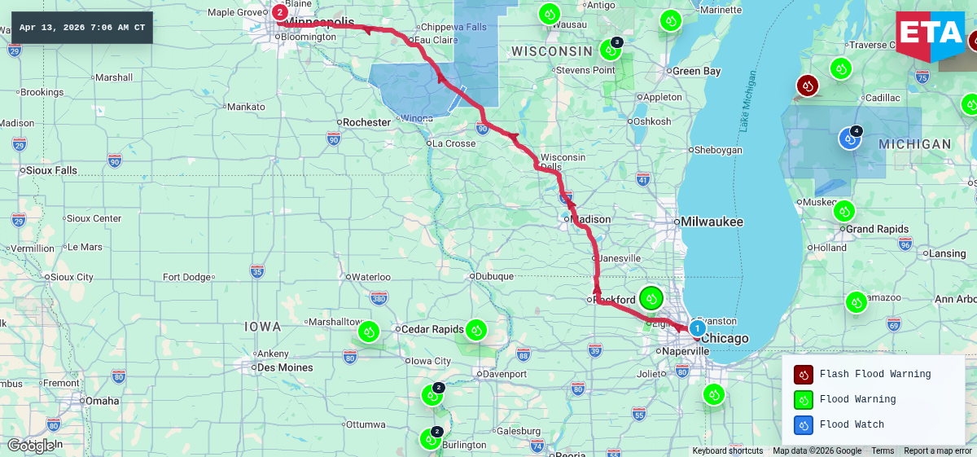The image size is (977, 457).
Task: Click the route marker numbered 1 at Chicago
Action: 698,327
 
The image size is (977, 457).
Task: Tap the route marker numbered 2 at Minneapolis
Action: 280,12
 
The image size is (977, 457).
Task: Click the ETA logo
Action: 930,34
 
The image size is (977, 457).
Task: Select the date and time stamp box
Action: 82,28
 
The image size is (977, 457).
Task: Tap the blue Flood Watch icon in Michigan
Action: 850,138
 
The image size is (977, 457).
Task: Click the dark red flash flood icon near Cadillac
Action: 807,86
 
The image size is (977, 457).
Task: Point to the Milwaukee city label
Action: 712,222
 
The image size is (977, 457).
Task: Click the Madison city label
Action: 592,219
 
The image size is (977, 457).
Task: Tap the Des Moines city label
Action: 284,367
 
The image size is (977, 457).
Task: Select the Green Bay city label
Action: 696,71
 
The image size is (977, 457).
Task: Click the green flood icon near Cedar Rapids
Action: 476,330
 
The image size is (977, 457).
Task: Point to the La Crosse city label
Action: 454,143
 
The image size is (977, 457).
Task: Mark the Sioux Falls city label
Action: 52,170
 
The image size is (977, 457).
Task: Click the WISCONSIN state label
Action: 551,51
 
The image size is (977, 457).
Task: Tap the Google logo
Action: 31,445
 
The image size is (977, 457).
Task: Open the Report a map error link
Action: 937,450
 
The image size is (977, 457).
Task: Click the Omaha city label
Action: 102,401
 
